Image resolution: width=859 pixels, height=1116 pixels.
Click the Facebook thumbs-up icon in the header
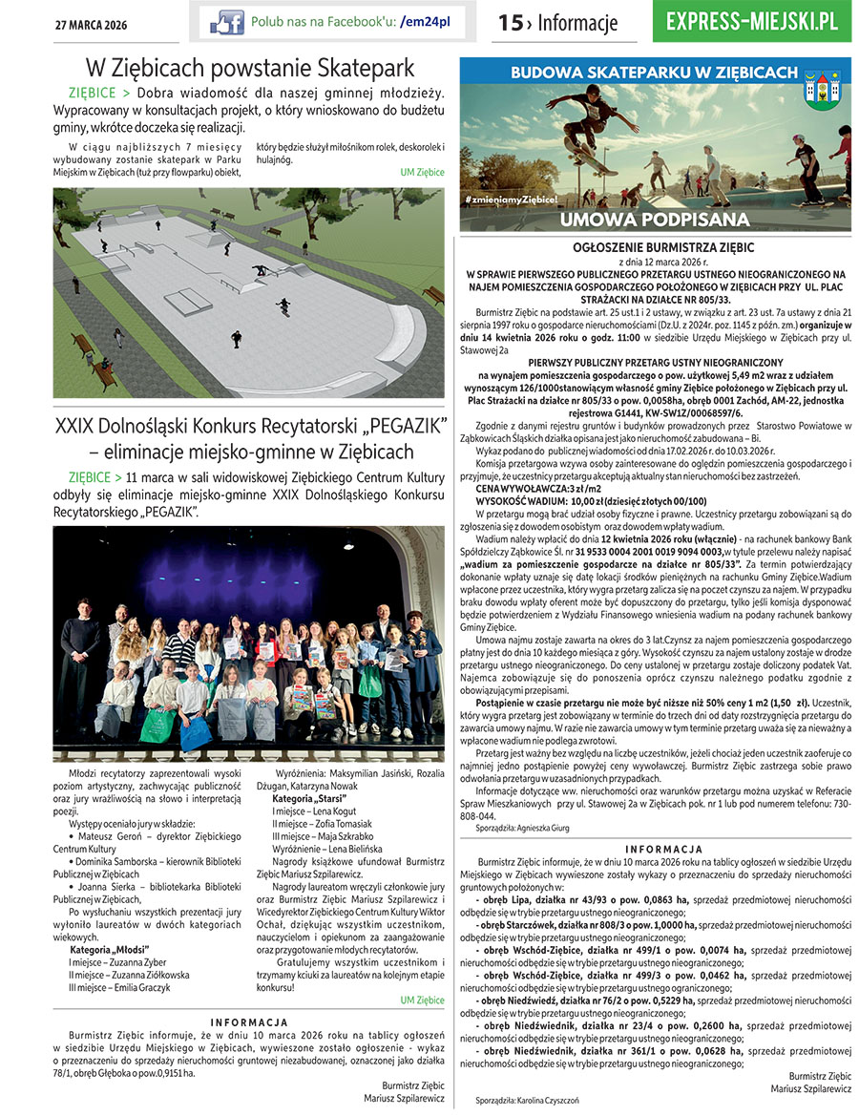(x=226, y=21)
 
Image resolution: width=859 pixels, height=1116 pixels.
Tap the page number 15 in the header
(x=510, y=23)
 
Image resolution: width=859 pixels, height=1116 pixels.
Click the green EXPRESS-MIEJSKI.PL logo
(x=753, y=21)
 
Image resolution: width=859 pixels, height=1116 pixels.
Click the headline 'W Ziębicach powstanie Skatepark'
(x=250, y=68)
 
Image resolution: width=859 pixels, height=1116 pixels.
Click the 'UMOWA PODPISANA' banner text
(x=655, y=219)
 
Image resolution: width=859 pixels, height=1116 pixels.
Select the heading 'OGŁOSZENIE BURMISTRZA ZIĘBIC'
(x=655, y=245)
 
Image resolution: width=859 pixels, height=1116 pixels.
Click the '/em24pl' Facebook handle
(x=426, y=21)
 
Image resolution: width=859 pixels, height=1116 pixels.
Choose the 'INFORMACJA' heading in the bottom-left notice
(x=249, y=1022)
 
